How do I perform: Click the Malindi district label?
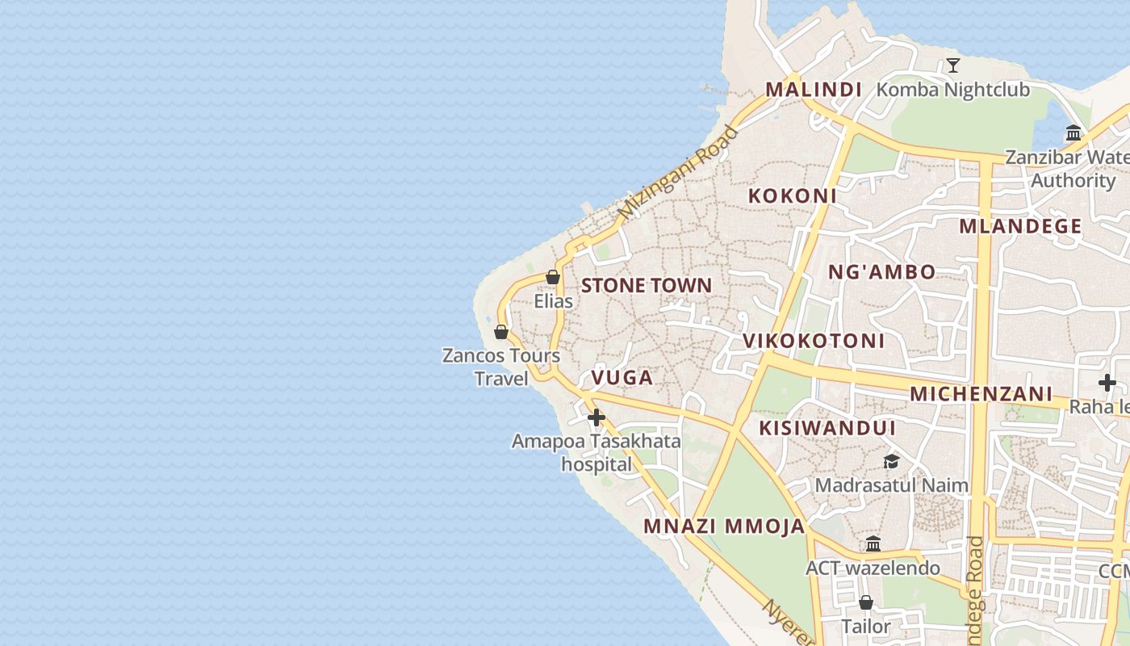814,90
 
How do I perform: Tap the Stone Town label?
647,285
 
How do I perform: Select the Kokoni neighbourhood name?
792,195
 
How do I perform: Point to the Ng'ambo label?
882,272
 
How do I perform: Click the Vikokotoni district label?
814,341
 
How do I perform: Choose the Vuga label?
621,377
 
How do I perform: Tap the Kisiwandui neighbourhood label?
827,428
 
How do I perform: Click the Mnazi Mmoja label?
724,526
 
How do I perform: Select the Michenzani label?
981,394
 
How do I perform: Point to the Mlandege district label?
1020,226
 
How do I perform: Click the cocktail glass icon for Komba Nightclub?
953,65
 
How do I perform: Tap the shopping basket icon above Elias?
553,277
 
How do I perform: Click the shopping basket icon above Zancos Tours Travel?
500,331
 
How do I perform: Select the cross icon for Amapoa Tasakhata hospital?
596,417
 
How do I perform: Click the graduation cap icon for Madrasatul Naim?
891,461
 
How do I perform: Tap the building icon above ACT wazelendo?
873,543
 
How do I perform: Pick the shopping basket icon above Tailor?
866,602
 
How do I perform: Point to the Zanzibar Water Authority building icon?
1073,133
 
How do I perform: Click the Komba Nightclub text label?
953,90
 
